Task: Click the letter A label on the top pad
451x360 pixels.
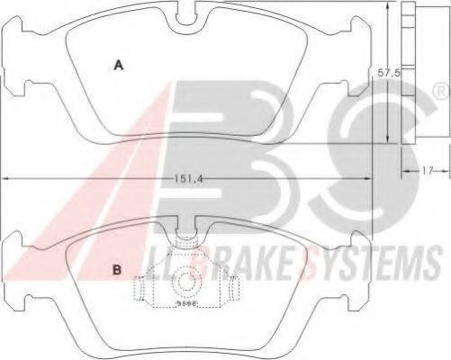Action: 119,65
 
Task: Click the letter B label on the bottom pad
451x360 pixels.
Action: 117,270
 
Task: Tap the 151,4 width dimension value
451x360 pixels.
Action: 188,179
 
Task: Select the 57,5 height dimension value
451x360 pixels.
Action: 389,73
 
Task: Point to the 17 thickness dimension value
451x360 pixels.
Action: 428,171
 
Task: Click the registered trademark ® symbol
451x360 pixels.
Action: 442,92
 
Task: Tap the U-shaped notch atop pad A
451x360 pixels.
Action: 186,19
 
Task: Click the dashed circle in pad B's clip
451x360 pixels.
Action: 186,282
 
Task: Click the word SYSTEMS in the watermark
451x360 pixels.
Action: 372,262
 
